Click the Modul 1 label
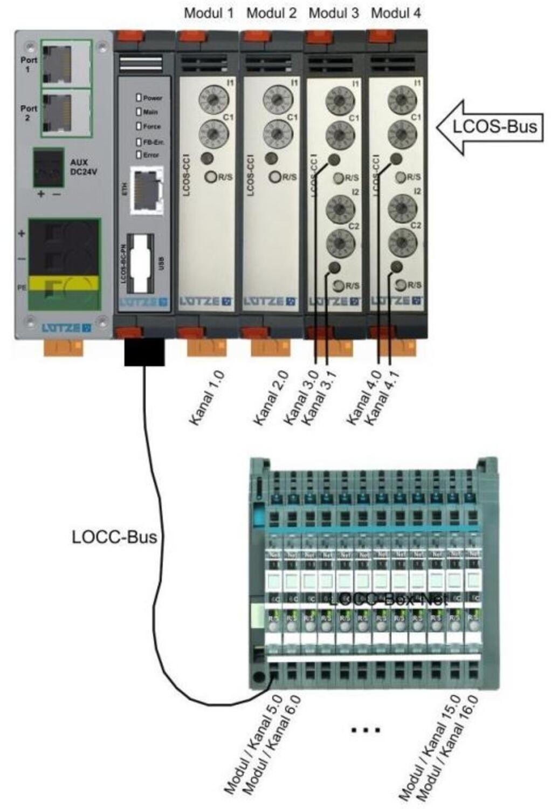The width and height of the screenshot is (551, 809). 209,13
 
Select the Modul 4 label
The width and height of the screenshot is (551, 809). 396,13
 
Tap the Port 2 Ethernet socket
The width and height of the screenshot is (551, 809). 57,112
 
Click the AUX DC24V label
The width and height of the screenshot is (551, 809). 84,167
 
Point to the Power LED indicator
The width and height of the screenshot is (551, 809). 139,98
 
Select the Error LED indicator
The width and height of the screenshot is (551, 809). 139,155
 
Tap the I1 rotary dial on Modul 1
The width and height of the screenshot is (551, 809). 213,99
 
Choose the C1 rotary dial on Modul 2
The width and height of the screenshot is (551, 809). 278,132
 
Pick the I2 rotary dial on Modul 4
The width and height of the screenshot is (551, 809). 402,207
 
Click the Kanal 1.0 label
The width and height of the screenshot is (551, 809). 207,397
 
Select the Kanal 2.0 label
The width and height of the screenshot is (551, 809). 271,397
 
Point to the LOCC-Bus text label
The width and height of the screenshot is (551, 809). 114,537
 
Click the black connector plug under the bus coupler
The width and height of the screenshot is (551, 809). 144,352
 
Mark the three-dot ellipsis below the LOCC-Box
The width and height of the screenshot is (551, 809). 366,730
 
